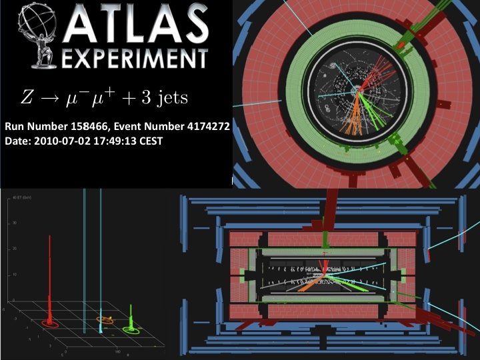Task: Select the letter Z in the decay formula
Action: pos(26,99)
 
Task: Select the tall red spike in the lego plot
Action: pos(50,273)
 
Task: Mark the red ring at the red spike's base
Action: pos(51,324)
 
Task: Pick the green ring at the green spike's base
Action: pos(132,328)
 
